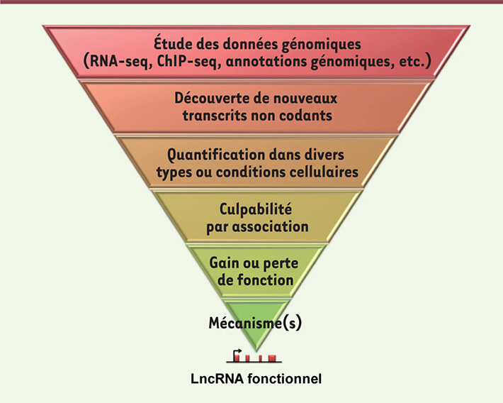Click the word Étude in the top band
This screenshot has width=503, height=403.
173,44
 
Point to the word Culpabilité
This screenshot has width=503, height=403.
256,209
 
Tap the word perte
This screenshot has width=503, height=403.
281,264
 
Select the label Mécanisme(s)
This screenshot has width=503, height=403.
255,323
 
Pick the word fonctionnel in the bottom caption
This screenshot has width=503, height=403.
284,379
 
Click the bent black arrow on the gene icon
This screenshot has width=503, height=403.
238,353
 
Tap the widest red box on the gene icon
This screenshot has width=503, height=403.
272,358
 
